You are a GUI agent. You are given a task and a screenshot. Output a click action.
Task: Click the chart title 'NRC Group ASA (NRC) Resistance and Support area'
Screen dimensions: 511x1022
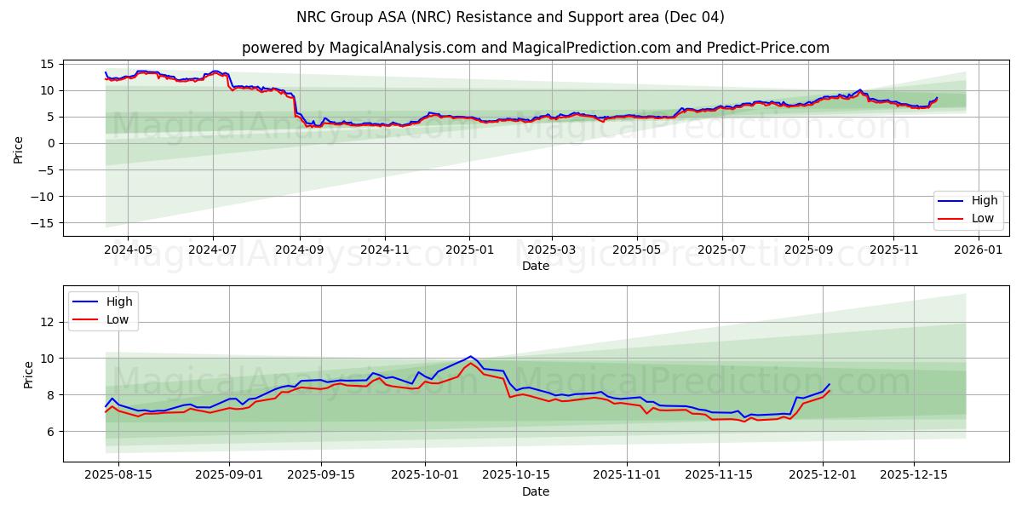(x=510, y=17)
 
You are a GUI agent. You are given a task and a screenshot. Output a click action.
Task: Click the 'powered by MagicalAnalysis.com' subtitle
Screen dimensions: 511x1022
(x=535, y=48)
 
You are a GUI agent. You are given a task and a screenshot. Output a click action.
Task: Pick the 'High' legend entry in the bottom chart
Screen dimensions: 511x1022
(x=103, y=301)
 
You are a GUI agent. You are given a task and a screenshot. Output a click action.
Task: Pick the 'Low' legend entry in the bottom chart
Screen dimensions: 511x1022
(x=103, y=319)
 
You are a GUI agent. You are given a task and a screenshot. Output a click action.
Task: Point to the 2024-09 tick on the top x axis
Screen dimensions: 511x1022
(x=299, y=250)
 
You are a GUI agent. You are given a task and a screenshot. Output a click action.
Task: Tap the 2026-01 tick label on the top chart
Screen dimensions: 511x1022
(x=978, y=250)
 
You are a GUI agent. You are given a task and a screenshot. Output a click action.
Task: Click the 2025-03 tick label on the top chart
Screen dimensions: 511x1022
(x=552, y=250)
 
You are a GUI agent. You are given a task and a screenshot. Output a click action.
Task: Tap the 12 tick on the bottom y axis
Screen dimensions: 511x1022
(x=48, y=322)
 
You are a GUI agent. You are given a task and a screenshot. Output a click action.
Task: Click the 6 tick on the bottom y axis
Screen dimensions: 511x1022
(x=51, y=432)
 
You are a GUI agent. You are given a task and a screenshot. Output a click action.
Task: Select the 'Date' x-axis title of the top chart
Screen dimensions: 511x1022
(x=536, y=266)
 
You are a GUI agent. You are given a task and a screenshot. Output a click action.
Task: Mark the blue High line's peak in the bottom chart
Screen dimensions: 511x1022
(x=470, y=356)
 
